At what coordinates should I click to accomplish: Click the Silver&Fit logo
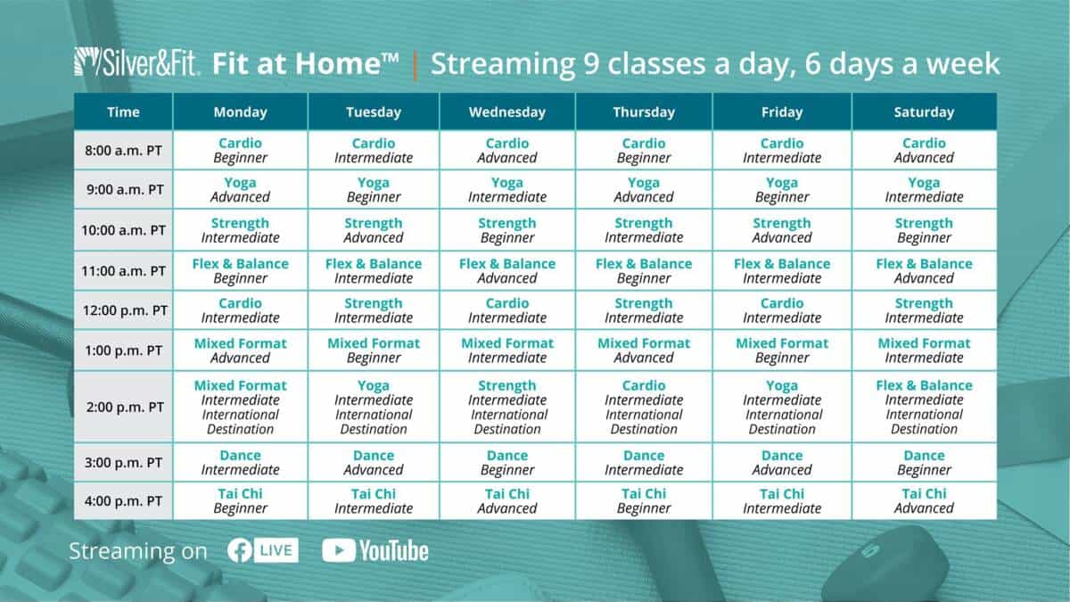pos(137,62)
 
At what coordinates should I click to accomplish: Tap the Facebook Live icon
pos(263,550)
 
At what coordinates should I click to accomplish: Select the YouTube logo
pos(375,550)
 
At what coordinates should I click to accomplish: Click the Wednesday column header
pos(507,111)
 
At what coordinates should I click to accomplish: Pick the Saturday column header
pos(924,111)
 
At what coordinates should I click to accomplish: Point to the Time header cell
pos(123,111)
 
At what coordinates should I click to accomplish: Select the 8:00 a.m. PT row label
pos(123,151)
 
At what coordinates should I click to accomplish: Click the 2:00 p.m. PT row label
pos(123,407)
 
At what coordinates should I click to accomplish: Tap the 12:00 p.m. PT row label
pos(123,310)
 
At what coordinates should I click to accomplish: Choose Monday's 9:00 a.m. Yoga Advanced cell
pos(240,190)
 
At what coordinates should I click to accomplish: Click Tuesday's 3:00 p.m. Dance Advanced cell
pos(374,463)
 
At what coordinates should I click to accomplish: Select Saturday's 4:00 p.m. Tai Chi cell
pos(924,500)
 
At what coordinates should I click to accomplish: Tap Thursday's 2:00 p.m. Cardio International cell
pos(644,407)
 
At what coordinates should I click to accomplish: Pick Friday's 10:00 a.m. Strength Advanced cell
pos(782,230)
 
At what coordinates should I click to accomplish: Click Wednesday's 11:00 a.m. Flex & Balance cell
pos(507,271)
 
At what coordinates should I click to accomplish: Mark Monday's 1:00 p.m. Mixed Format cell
pos(240,350)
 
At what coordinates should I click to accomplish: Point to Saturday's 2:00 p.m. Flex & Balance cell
pos(924,407)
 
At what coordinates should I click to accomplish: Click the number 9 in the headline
pos(591,64)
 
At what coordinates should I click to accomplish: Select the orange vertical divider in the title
pos(415,65)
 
